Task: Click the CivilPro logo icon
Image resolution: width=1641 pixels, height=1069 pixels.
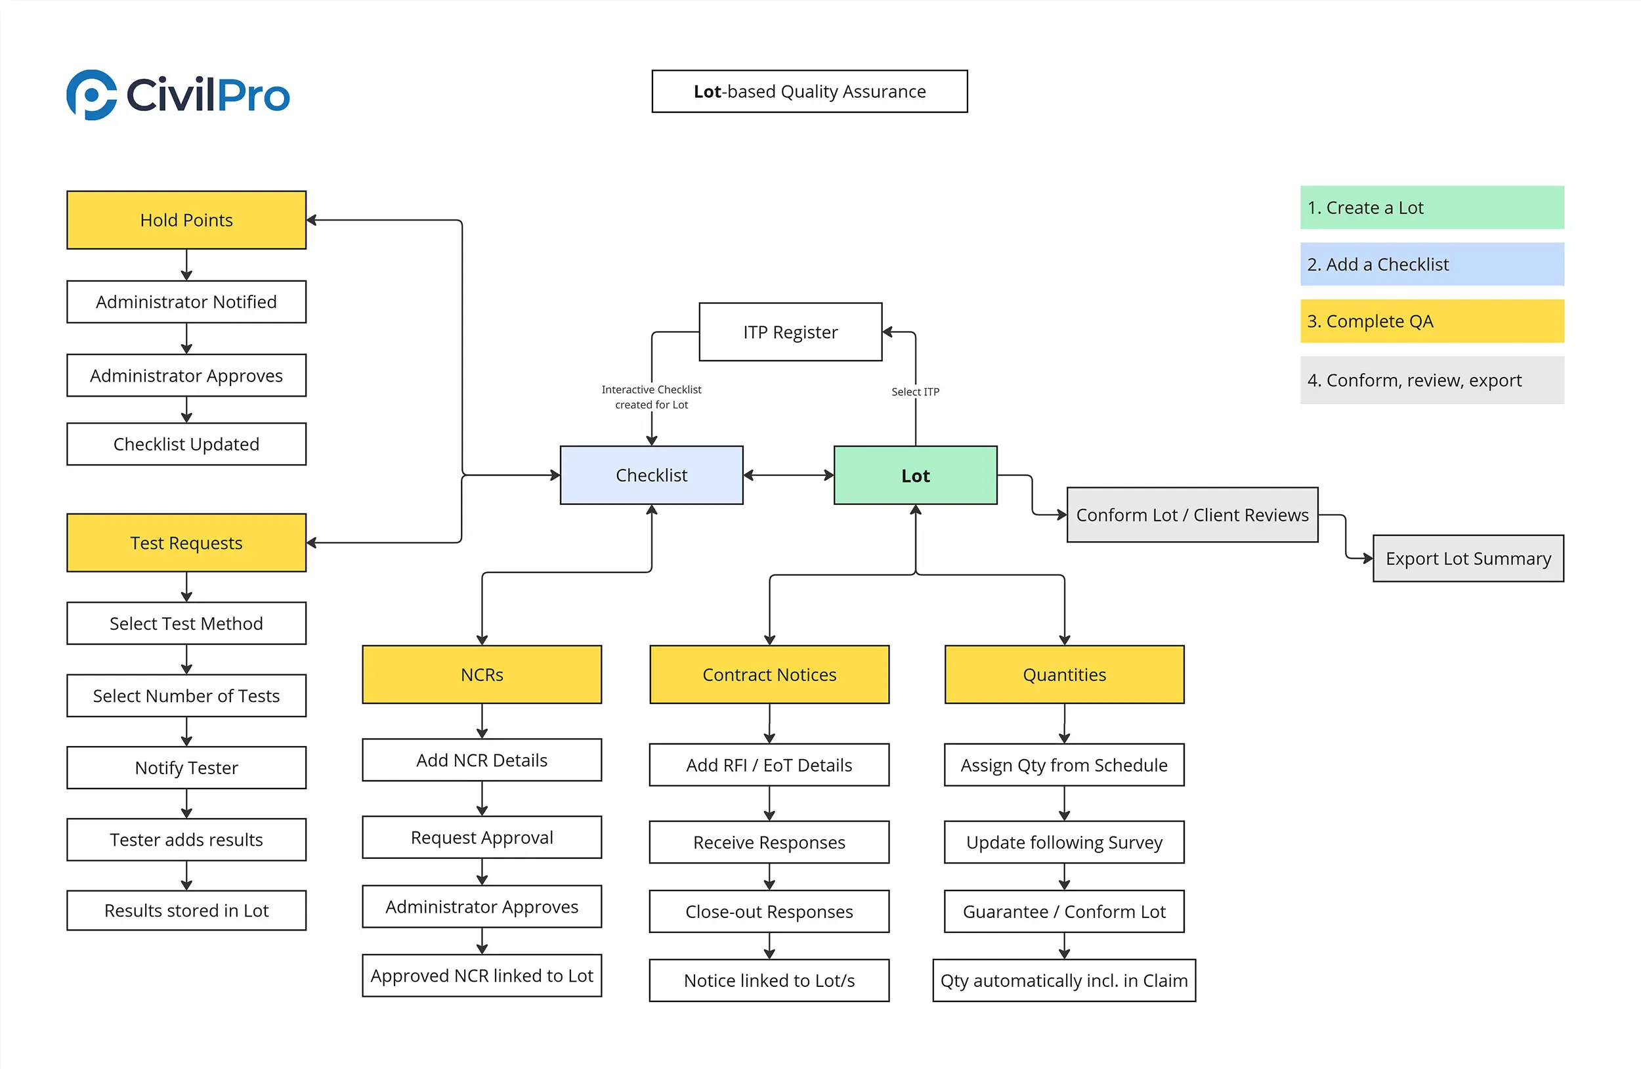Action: tap(92, 95)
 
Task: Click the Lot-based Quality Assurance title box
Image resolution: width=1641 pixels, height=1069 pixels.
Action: tap(809, 91)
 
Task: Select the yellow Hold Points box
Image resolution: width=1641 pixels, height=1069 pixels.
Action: tap(186, 220)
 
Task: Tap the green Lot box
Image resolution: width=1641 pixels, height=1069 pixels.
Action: tap(915, 475)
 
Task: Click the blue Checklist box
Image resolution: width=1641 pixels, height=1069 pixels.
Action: tap(651, 475)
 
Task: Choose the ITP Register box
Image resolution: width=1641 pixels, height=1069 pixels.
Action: tap(790, 332)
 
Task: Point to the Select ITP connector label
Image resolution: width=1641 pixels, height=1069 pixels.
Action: tap(915, 392)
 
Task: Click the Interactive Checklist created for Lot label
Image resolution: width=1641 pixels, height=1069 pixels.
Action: tap(651, 397)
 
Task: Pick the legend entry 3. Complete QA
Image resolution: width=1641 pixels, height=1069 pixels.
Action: tap(1432, 321)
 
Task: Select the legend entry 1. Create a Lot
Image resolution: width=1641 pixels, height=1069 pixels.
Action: tap(1432, 207)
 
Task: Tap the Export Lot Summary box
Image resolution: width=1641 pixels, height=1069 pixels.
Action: tap(1468, 559)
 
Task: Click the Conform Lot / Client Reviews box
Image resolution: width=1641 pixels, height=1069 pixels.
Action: tap(1192, 515)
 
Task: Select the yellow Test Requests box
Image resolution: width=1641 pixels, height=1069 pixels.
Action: tap(186, 543)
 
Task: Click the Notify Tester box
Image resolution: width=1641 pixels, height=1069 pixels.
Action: tap(186, 768)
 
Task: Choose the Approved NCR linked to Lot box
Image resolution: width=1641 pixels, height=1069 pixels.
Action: tap(481, 975)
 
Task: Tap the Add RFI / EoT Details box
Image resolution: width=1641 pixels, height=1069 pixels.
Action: tap(769, 765)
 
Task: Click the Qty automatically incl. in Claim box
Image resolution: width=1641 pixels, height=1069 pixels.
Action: tap(1064, 980)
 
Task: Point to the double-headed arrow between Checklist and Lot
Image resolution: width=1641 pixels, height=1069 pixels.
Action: tap(788, 475)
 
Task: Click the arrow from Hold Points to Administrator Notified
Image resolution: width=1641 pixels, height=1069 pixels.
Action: tap(186, 265)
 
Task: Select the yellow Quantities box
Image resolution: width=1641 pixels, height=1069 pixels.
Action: tap(1064, 674)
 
